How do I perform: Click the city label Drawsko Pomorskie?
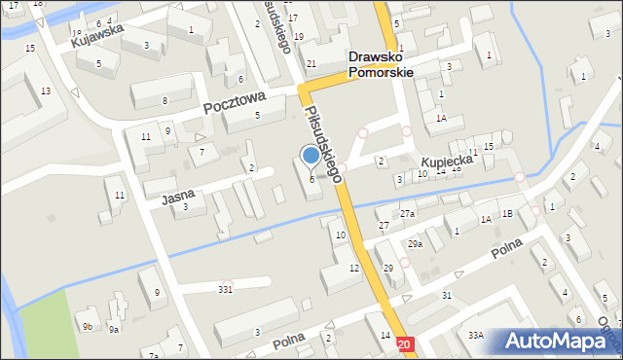coord(381,64)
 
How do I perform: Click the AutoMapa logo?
coord(558,341)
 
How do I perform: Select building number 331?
coord(226,289)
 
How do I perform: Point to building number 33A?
coord(475,335)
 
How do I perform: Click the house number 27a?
coord(407,213)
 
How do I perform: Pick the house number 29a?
coord(415,244)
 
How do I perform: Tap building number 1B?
coord(506,213)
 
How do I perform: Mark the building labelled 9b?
coord(87,326)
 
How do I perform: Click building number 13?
coord(46,90)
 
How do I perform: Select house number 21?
coord(311,64)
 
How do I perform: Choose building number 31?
coord(447,295)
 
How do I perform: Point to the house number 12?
coord(354,268)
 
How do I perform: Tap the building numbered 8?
coord(165,100)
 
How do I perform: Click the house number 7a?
coord(154,356)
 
